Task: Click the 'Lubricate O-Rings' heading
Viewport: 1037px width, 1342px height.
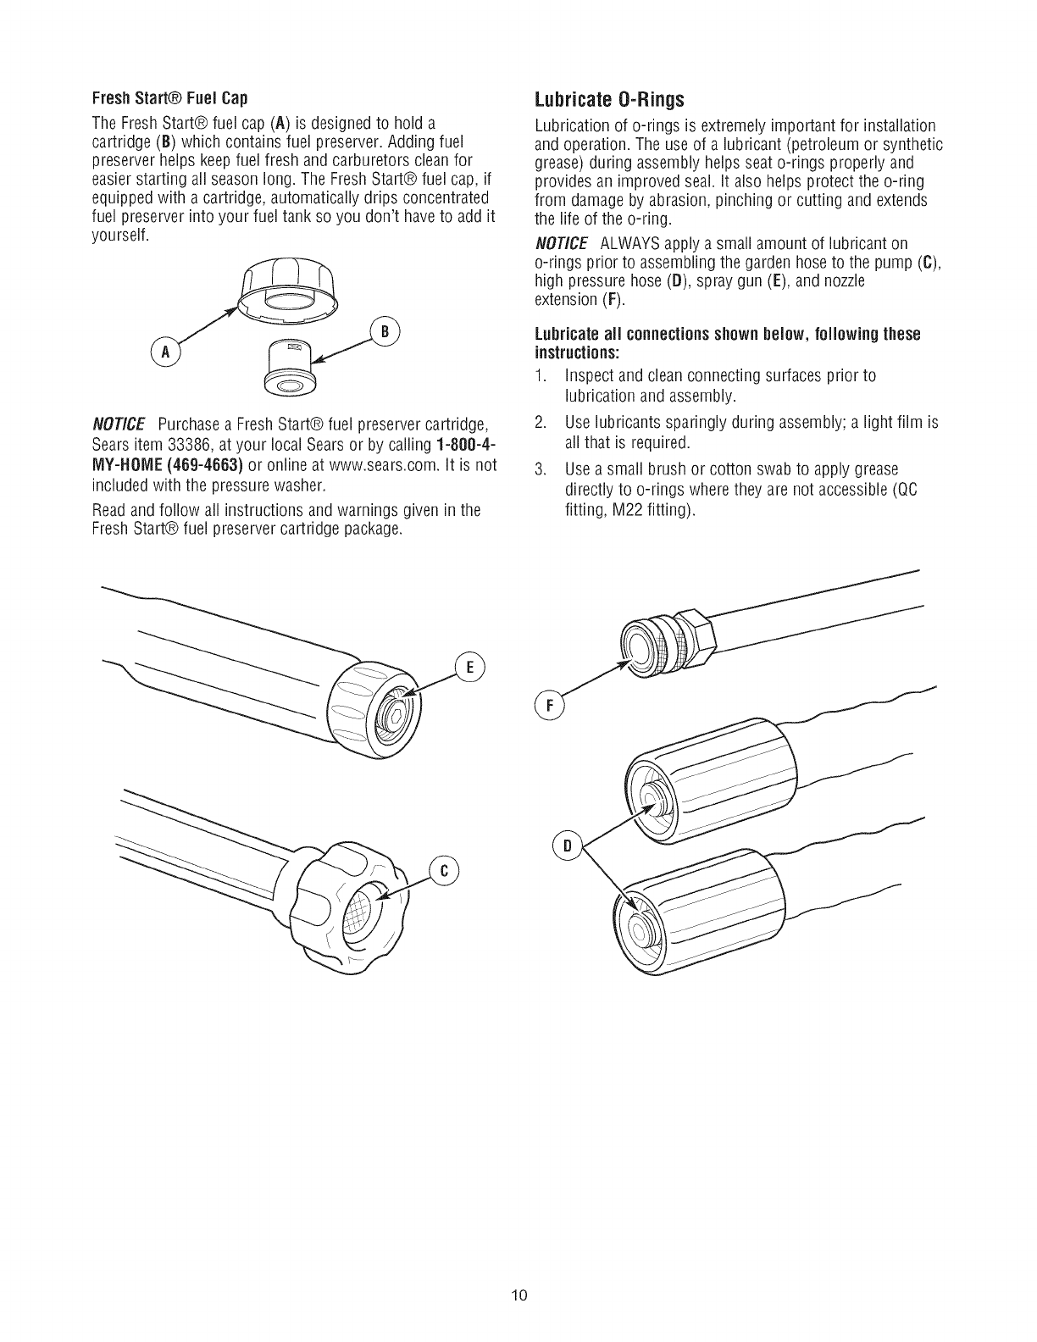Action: [x=609, y=100]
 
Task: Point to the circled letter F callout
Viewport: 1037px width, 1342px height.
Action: [x=550, y=704]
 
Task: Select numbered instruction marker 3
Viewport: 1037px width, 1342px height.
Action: [x=541, y=469]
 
